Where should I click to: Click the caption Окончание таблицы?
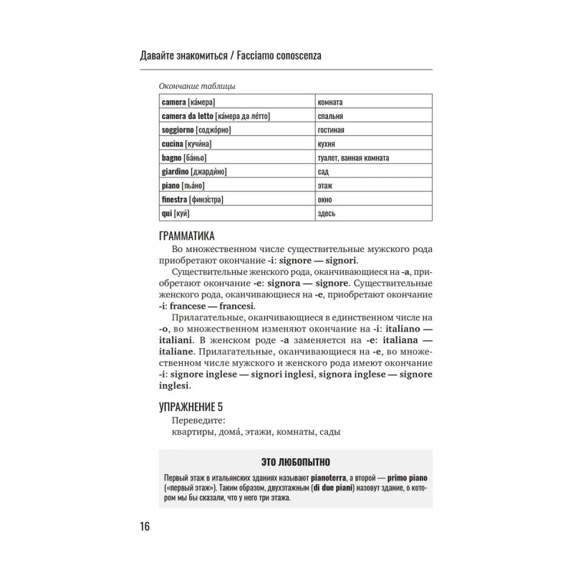(197, 87)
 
